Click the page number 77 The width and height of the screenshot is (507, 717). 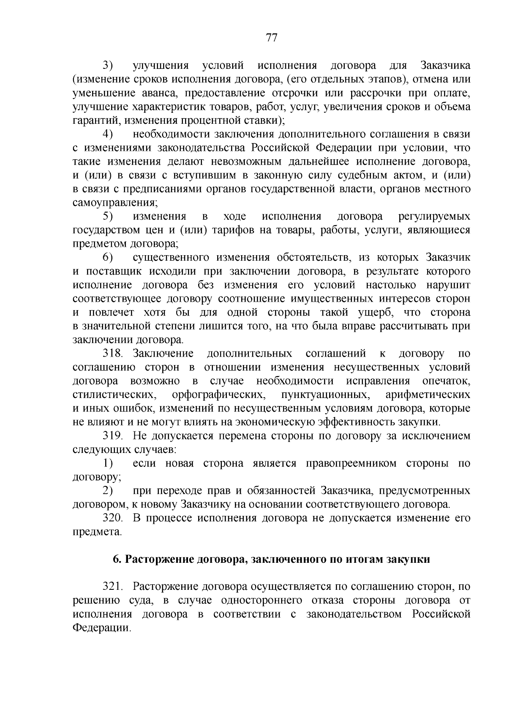pos(271,38)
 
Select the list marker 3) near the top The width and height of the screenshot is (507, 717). pos(109,65)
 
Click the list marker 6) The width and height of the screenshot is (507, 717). pos(109,257)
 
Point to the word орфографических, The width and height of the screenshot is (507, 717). pos(219,395)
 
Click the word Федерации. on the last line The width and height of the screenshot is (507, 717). pos(101,628)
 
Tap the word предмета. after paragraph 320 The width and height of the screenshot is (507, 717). pos(97,532)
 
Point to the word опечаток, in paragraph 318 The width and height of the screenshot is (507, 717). pos(446,381)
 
